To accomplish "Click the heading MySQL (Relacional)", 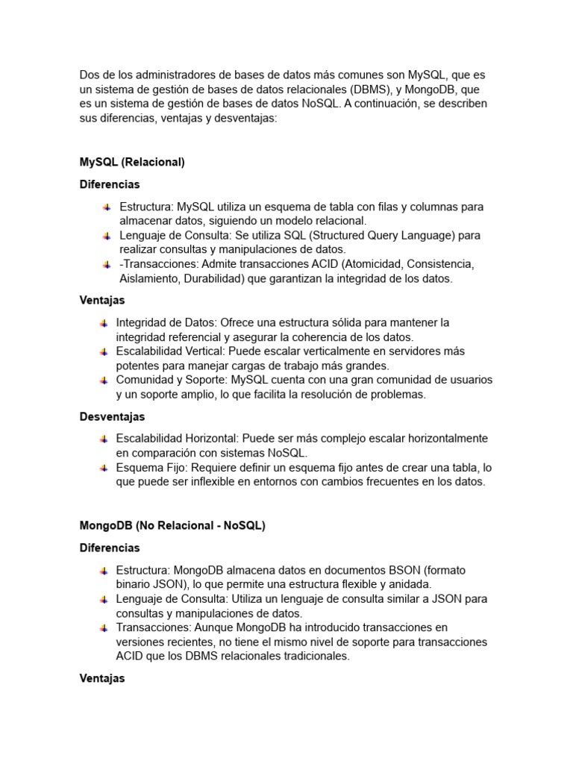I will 132,162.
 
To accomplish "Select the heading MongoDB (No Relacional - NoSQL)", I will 172,525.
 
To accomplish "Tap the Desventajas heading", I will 112,416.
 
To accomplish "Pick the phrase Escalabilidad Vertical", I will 170,351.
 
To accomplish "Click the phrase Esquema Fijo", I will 151,468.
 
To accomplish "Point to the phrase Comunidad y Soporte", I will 171,380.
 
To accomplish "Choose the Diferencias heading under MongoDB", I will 110,548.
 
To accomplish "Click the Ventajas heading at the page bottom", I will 102,678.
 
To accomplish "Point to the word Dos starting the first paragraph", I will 90,75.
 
